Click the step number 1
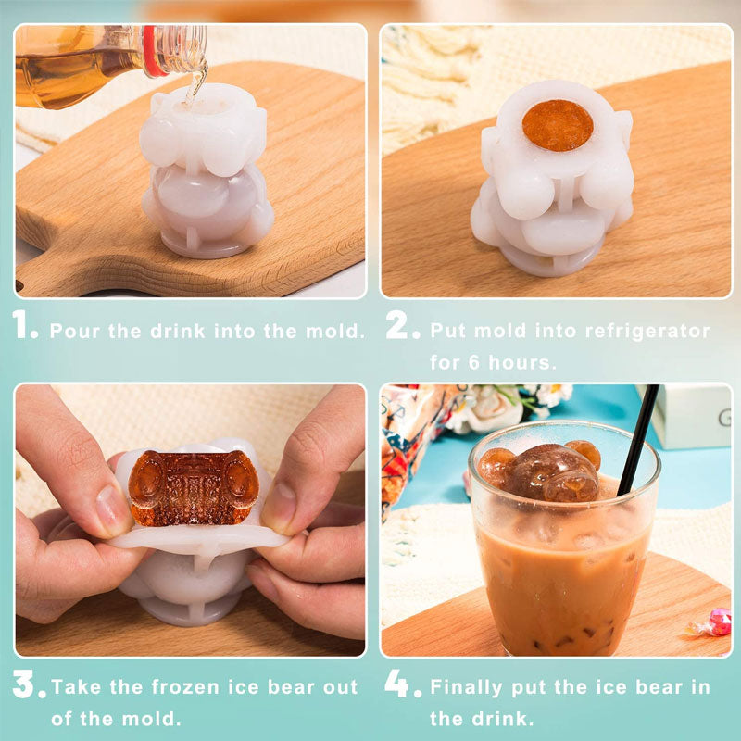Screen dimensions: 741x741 coord(25,325)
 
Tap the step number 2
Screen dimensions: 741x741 coord(402,325)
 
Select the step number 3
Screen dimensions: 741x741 coord(29,685)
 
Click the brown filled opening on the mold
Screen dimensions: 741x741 coord(557,125)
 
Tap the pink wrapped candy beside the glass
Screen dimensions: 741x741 coord(715,622)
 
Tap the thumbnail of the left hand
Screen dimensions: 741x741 coord(109,510)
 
